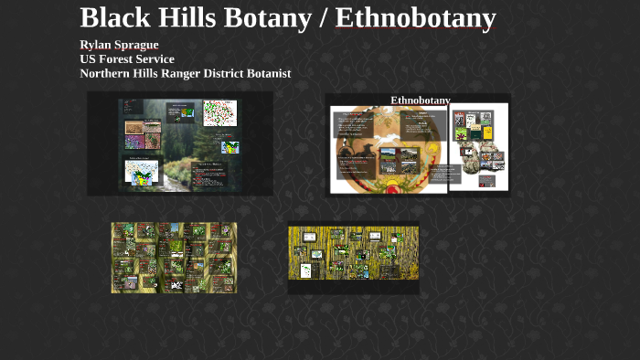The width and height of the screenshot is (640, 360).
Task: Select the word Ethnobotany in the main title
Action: [x=415, y=17]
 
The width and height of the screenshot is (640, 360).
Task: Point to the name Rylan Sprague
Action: [x=119, y=45]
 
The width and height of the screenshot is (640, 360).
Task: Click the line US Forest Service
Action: [x=126, y=58]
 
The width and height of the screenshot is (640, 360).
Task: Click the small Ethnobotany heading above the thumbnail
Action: [x=420, y=100]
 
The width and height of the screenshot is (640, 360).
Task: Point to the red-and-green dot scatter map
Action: [x=219, y=113]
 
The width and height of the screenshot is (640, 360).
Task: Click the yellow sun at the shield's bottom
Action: [x=394, y=188]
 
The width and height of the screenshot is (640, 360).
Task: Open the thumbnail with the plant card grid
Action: [x=174, y=258]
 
